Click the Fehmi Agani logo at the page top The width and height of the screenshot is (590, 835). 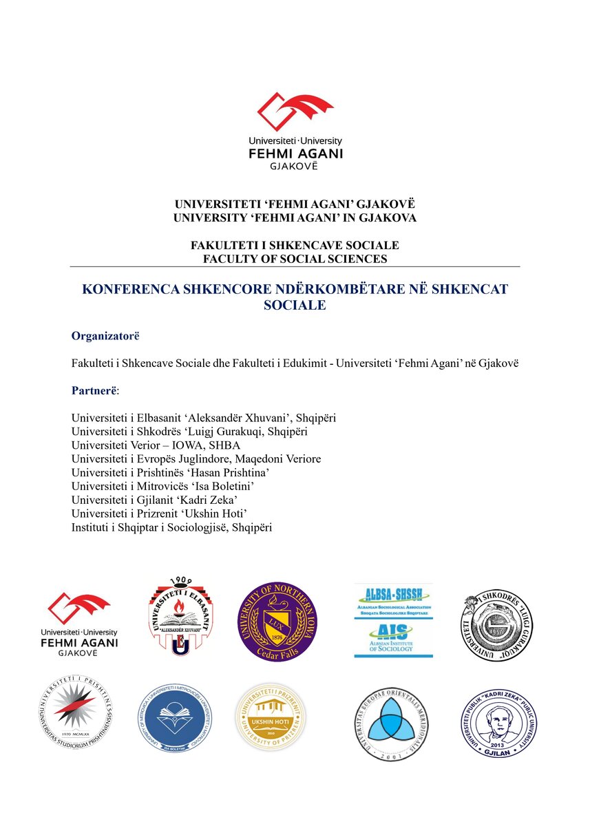(295, 130)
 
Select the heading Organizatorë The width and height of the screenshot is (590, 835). (105, 336)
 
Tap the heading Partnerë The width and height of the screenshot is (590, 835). (94, 391)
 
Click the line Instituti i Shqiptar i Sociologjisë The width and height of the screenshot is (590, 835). (172, 527)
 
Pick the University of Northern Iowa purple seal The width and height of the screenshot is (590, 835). (277, 622)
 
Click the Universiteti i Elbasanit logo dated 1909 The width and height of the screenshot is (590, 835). (180, 617)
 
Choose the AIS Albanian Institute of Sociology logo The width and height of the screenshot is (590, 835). (393, 638)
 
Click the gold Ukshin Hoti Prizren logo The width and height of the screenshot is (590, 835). (271, 717)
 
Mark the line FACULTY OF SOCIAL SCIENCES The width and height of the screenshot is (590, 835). (295, 259)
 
